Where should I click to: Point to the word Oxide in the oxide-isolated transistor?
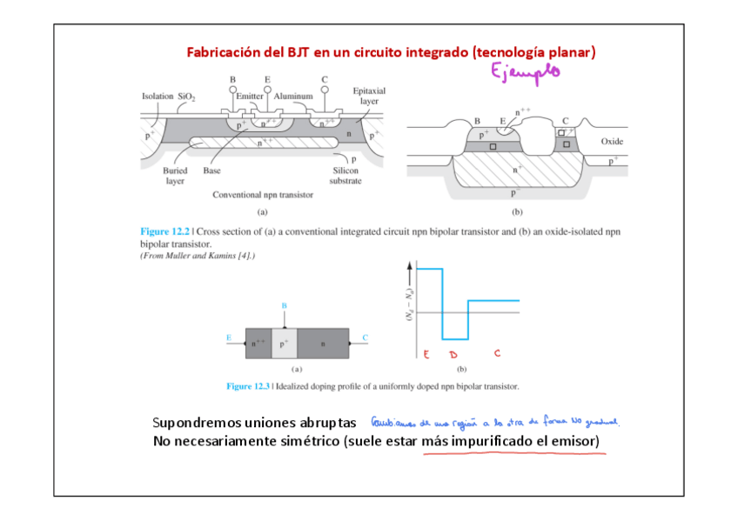(x=613, y=141)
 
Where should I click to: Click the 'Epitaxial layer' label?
(x=369, y=96)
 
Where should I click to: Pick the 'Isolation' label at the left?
(x=158, y=96)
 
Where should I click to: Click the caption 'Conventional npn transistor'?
(x=263, y=195)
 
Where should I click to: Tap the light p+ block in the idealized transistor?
(x=285, y=343)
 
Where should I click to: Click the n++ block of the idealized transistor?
(x=258, y=343)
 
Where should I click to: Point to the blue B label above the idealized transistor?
(x=285, y=306)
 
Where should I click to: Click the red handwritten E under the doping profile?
(x=426, y=354)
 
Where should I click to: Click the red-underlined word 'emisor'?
(x=574, y=442)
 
